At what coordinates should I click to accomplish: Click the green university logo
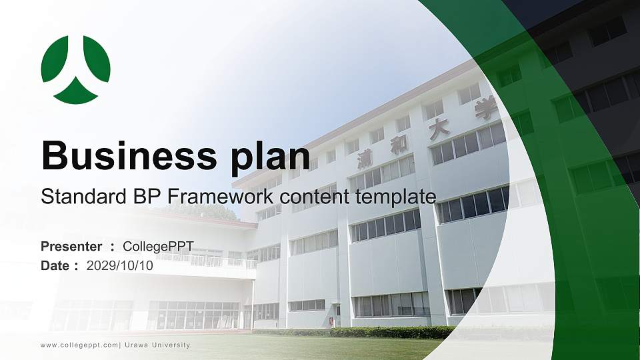[x=75, y=69]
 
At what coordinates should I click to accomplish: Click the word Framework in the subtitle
[x=221, y=197]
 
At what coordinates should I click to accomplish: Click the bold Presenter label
[x=71, y=247]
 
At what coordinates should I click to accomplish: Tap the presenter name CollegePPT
[x=158, y=247]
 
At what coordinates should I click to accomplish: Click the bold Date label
[x=55, y=265]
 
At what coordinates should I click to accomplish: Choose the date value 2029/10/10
[x=120, y=265]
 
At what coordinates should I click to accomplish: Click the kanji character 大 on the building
[x=439, y=129]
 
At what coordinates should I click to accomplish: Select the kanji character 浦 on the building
[x=365, y=158]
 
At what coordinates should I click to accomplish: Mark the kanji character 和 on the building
[x=399, y=145]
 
